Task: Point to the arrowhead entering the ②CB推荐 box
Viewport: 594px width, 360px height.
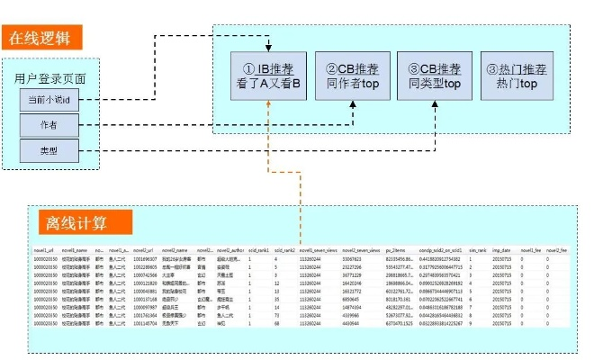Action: tap(351, 106)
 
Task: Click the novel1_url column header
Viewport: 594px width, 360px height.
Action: tap(44, 249)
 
